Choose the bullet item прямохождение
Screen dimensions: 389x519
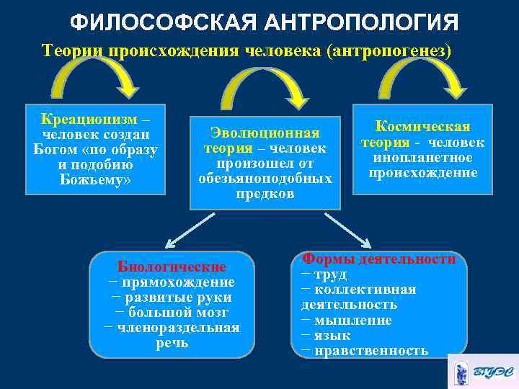[175, 282]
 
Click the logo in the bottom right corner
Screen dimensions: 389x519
[482, 372]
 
